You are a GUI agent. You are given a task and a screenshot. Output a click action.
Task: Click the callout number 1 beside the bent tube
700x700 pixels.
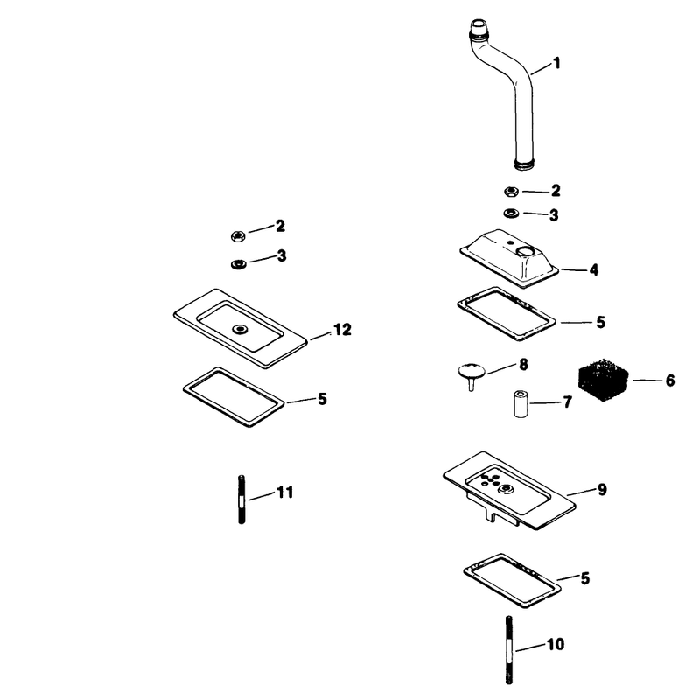pos(556,63)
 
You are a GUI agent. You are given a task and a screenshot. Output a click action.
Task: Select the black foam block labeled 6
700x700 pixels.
pos(603,380)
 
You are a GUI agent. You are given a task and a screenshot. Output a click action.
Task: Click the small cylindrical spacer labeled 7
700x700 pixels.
pos(519,404)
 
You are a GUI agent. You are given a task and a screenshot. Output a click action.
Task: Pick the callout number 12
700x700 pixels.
pos(342,330)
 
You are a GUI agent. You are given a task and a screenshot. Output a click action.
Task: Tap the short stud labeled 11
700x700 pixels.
pos(241,500)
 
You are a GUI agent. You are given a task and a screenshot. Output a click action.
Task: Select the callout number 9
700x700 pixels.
pos(602,490)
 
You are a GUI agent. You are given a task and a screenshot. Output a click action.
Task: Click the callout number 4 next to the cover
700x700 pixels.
pos(594,269)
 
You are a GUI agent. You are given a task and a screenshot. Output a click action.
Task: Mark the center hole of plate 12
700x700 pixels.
pos(240,330)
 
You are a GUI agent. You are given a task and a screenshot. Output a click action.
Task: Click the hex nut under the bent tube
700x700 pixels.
pos(511,192)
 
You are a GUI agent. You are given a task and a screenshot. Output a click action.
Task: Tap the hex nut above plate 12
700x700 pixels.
pos(238,235)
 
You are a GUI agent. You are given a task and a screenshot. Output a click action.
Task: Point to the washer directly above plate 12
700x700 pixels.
pos(238,264)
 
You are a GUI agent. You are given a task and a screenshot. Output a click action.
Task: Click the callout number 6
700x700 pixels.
pos(670,381)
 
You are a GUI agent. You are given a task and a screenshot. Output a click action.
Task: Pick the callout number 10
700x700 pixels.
pos(556,644)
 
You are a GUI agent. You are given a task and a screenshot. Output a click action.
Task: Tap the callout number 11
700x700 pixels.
pos(285,493)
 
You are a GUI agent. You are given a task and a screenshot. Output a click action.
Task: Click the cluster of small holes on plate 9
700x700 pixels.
pos(490,479)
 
